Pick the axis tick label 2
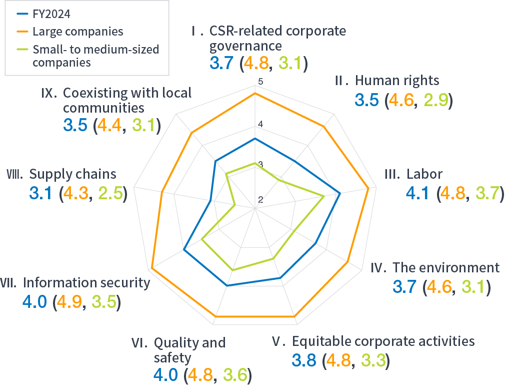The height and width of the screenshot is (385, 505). pos(260,200)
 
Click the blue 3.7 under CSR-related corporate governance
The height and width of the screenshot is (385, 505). pos(220,64)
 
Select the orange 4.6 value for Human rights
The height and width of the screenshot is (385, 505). pos(401,100)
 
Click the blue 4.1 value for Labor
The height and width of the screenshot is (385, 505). pos(419,193)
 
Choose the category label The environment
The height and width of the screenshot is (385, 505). pos(446,267)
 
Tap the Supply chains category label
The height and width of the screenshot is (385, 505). pos(72,174)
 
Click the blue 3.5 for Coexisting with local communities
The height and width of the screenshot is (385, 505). pos(75,126)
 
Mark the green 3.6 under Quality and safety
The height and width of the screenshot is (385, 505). pos(235,374)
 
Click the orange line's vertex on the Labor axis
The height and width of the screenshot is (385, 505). pos(368,189)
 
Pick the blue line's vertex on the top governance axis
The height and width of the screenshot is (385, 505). pos(255,138)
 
